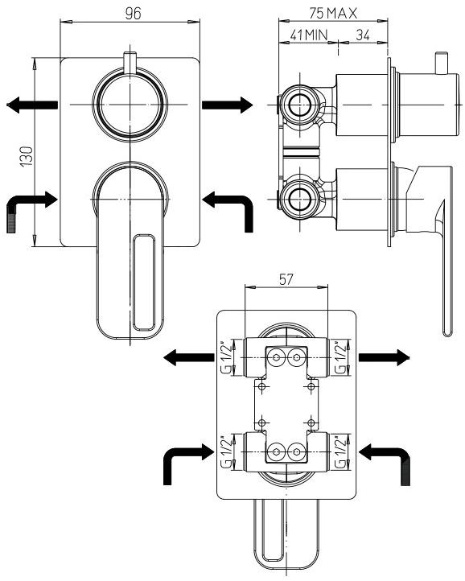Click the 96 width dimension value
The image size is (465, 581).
click(134, 14)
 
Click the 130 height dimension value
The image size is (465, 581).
click(27, 157)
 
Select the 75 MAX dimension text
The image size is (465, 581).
click(333, 14)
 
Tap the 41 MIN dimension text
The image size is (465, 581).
click(309, 35)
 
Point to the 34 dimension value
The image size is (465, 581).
click(363, 35)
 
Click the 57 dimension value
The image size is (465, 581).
click(286, 279)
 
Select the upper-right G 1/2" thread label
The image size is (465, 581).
click(340, 357)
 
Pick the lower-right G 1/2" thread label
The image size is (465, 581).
click(340, 452)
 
